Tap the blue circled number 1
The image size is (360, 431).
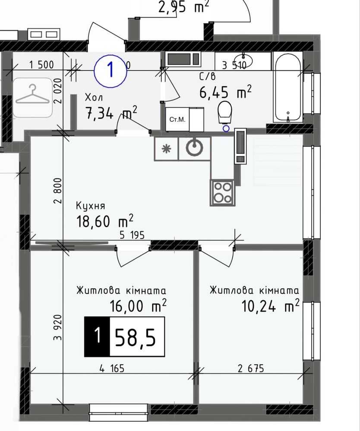pyautogui.click(x=111, y=71)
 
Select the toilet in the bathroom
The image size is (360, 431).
pyautogui.click(x=225, y=113)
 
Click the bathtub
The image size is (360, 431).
pyautogui.click(x=288, y=87)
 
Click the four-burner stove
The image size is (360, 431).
pyautogui.click(x=222, y=193)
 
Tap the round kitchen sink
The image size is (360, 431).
pyautogui.click(x=194, y=148)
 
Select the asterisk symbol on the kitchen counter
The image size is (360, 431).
pyautogui.click(x=166, y=149)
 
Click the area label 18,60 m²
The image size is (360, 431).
pyautogui.click(x=105, y=221)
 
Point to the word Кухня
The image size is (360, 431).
pyautogui.click(x=91, y=206)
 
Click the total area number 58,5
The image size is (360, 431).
pyautogui.click(x=135, y=337)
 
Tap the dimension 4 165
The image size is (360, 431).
pyautogui.click(x=112, y=368)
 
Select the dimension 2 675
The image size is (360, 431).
pyautogui.click(x=251, y=368)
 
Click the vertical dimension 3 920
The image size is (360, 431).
pyautogui.click(x=58, y=327)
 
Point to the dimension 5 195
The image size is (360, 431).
pyautogui.click(x=132, y=235)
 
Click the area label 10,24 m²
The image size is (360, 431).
pyautogui.click(x=270, y=306)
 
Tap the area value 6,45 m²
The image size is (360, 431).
pyautogui.click(x=225, y=92)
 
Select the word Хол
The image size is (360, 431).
pyautogui.click(x=94, y=98)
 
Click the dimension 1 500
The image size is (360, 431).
pyautogui.click(x=41, y=65)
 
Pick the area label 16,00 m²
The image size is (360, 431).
pyautogui.click(x=138, y=306)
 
